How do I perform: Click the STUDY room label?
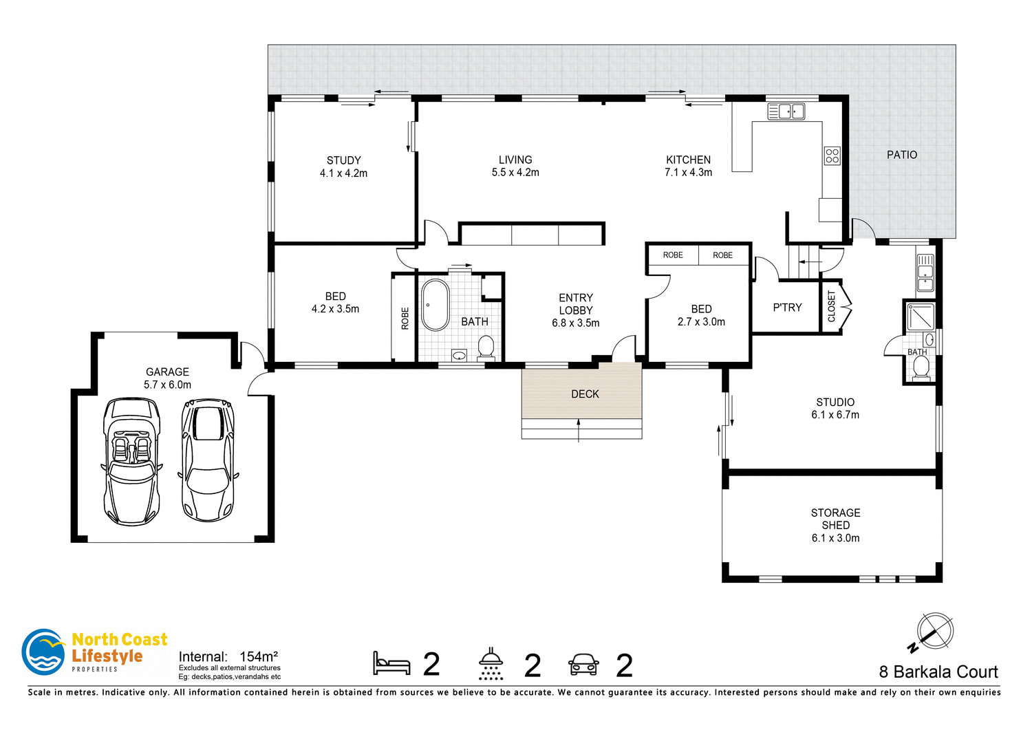click(x=343, y=160)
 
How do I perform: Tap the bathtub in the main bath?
click(x=435, y=305)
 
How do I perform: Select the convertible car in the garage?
click(x=131, y=461)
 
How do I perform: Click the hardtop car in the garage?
click(x=207, y=460)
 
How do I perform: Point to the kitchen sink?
click(x=786, y=111)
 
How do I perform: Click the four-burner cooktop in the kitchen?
click(x=832, y=155)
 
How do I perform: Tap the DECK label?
click(x=585, y=394)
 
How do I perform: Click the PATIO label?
click(x=901, y=155)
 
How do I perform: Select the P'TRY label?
click(x=787, y=308)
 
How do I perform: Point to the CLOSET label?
click(x=831, y=306)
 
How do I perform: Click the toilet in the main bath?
click(x=486, y=347)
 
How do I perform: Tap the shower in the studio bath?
click(x=921, y=316)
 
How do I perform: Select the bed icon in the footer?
click(x=391, y=663)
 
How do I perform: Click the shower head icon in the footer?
click(x=491, y=663)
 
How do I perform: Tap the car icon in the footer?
click(x=583, y=664)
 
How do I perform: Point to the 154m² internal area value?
click(x=259, y=656)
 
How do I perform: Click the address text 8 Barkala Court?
click(x=938, y=672)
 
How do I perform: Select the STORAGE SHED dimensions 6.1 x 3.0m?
click(x=835, y=538)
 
